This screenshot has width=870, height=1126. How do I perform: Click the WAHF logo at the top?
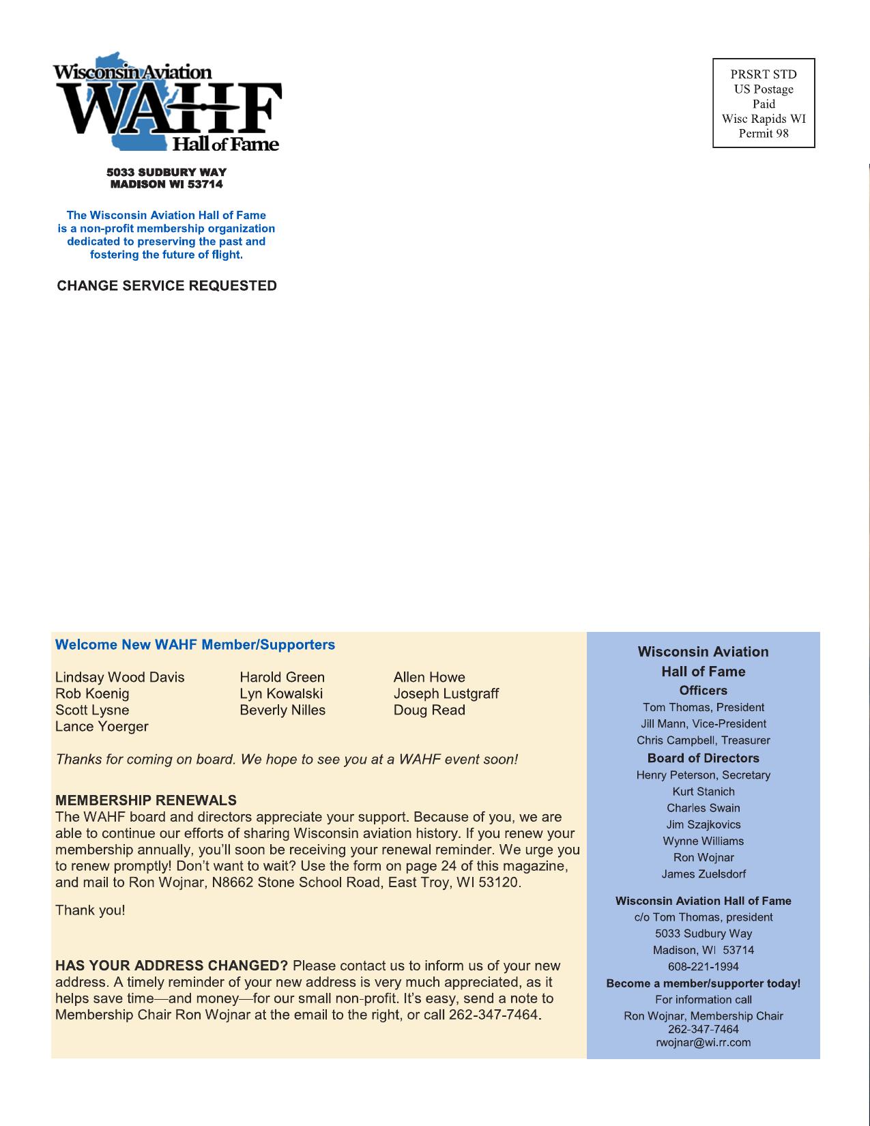[167, 102]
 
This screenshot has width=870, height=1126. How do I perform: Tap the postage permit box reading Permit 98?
[764, 103]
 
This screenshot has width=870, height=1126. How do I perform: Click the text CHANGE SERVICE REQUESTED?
[167, 286]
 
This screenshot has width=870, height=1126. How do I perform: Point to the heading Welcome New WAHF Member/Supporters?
[195, 645]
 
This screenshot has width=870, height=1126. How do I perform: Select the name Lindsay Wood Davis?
[120, 677]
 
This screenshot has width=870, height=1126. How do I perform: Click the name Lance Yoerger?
[102, 726]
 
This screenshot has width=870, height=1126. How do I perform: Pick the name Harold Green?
[282, 677]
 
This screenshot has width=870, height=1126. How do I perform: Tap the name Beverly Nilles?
[282, 710]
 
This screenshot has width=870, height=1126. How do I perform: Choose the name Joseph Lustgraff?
[446, 693]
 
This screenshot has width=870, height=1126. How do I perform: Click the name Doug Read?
[429, 710]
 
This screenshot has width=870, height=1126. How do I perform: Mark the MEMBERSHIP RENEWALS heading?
[146, 800]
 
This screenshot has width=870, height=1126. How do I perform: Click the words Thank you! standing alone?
[90, 910]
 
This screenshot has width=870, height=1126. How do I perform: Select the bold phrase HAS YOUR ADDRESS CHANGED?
[172, 966]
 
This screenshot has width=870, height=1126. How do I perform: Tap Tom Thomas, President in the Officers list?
[703, 708]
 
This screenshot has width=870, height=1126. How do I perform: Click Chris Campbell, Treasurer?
[703, 740]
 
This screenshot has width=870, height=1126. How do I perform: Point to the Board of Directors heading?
[703, 758]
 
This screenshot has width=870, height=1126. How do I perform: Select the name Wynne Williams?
[703, 841]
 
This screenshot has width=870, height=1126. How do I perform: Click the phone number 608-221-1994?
[703, 966]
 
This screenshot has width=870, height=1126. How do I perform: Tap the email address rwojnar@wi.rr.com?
[703, 1043]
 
